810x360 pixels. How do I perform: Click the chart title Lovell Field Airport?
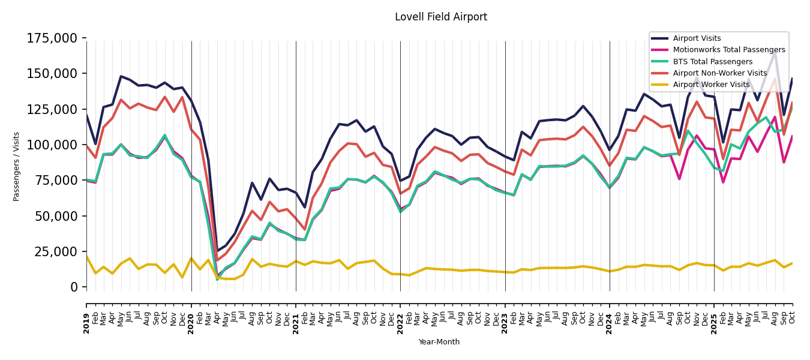440,17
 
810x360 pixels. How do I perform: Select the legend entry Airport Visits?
697,38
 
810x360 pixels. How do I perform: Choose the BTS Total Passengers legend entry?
712,62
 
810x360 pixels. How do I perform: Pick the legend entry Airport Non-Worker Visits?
719,73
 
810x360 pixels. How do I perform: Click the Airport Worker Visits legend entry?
711,85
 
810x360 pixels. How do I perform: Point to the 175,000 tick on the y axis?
52,38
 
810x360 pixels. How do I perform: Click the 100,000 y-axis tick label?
52,145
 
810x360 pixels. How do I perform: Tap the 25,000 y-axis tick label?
56,251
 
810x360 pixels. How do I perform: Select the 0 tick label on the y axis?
74,287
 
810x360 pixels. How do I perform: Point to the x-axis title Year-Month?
439,342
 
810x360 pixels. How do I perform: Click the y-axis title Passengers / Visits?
17,166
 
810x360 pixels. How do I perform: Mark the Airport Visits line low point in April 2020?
217,250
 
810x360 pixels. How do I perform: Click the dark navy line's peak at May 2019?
121,76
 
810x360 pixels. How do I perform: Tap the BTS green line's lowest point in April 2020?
217,280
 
